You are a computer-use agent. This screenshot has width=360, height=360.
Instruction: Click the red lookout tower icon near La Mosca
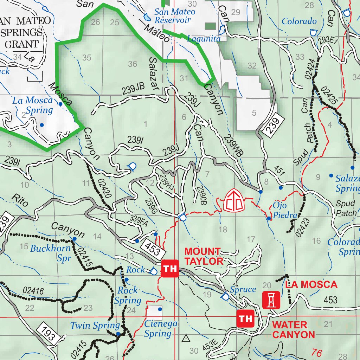click(271, 300)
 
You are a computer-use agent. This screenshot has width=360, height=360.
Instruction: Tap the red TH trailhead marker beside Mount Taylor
click(170, 269)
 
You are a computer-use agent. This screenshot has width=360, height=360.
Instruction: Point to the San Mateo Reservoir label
click(175, 16)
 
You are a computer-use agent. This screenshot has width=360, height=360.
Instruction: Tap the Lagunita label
click(204, 39)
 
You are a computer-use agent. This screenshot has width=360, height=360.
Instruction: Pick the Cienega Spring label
click(158, 328)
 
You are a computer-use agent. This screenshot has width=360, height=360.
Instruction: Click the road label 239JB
click(133, 91)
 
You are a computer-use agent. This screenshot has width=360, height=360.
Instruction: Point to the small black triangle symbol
click(186, 339)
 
